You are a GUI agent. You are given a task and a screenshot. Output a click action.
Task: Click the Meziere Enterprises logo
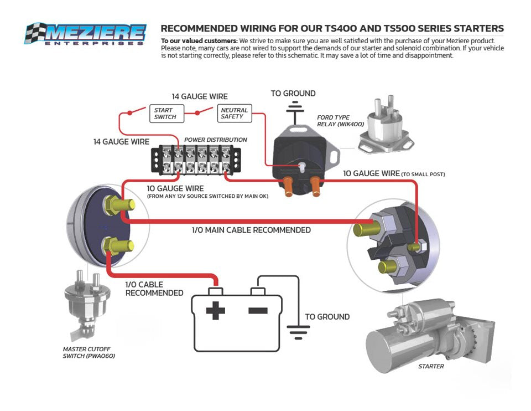(x=85, y=34)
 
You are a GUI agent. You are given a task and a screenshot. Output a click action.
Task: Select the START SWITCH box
(x=165, y=114)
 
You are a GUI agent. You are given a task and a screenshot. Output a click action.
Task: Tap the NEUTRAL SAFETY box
(x=234, y=114)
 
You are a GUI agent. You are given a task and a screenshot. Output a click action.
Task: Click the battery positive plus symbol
(x=216, y=310)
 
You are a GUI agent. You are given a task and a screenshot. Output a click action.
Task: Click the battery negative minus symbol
(x=258, y=310)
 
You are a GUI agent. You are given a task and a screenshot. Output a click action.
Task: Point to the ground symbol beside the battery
(x=299, y=330)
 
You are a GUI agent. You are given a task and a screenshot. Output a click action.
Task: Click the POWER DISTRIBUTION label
(x=215, y=140)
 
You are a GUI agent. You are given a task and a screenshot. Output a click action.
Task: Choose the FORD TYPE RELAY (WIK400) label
(x=340, y=121)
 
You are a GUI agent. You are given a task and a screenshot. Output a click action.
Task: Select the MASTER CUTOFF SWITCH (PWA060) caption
(x=89, y=352)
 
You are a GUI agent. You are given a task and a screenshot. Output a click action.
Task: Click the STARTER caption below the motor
(x=431, y=366)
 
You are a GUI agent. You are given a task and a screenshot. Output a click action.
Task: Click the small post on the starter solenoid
(x=414, y=246)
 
